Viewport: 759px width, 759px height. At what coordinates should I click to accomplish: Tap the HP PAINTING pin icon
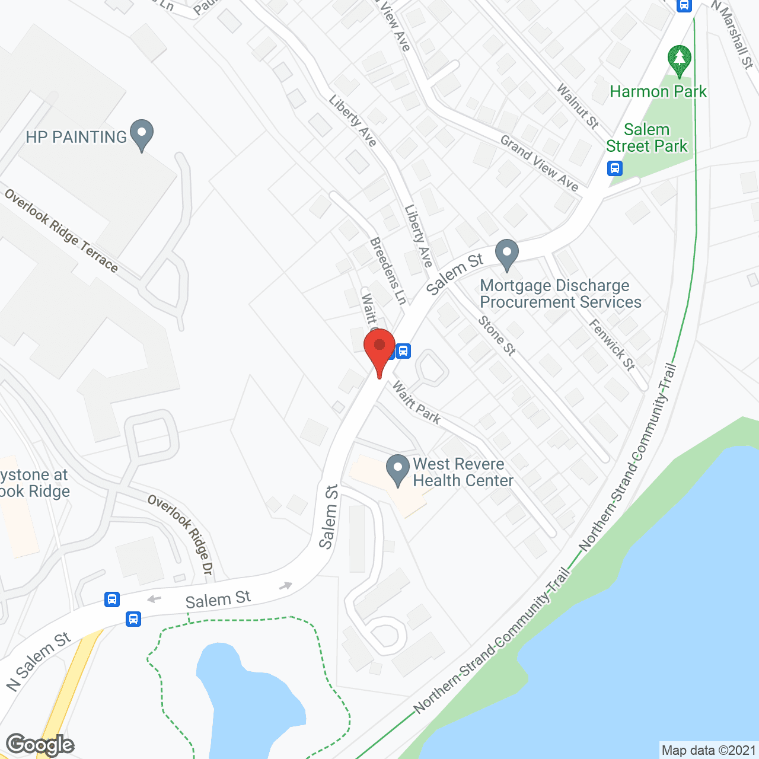coord(141,135)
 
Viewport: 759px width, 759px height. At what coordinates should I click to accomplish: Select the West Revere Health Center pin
coord(398,470)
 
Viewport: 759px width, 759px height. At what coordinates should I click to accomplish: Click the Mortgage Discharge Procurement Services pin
coord(506,254)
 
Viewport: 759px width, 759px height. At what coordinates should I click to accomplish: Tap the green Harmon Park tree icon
coord(679,60)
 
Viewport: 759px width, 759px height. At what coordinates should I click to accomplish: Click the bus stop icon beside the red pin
coord(403,351)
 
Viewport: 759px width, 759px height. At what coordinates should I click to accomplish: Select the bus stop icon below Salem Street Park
coord(615,168)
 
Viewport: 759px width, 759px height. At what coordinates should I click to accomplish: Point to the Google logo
coord(40,745)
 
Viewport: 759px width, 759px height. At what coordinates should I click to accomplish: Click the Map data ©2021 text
coord(709,750)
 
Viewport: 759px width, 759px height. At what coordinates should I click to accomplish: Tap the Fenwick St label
coord(612,345)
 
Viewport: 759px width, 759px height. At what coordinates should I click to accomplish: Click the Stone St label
coord(497,336)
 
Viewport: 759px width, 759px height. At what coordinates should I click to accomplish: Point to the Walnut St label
coord(578,106)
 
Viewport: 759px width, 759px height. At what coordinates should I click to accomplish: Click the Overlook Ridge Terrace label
coord(61,231)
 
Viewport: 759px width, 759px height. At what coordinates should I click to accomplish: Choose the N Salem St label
coord(39,661)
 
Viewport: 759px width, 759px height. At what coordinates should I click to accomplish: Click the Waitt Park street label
coord(416,404)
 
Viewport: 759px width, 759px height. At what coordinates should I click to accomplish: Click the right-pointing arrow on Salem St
coord(286,586)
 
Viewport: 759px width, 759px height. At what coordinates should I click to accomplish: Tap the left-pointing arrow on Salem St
coord(154,599)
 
